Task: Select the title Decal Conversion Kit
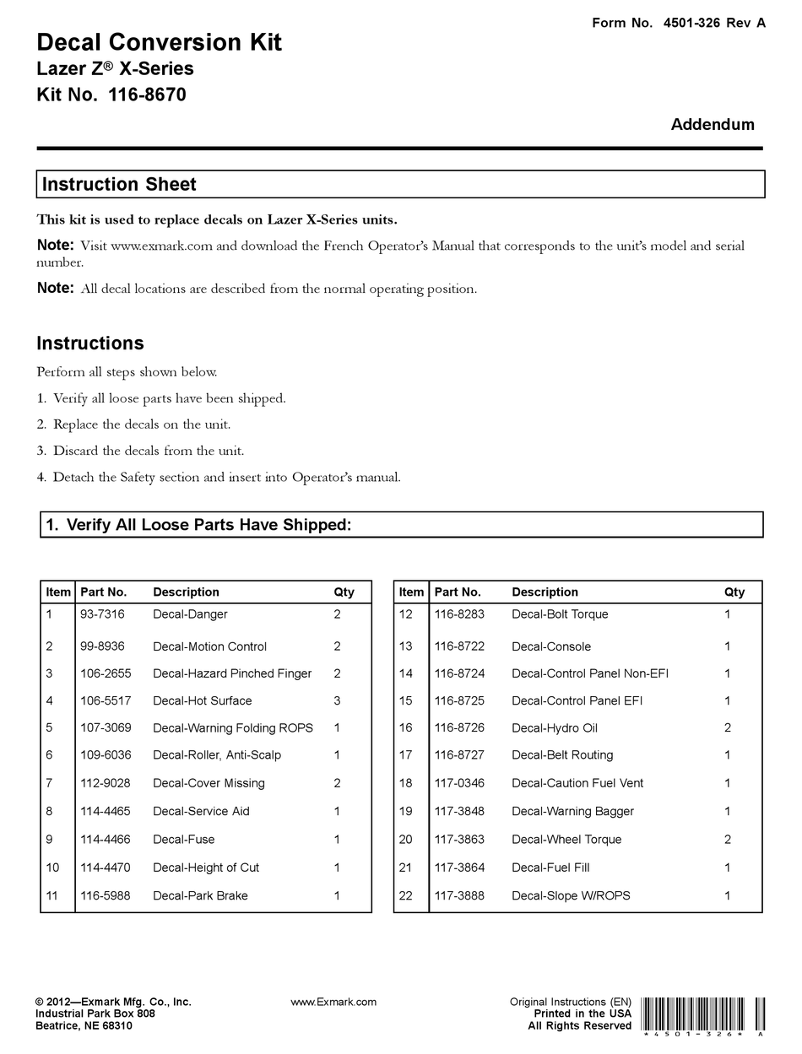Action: click(x=159, y=42)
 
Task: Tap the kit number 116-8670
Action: click(x=111, y=95)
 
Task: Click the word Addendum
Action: click(x=712, y=124)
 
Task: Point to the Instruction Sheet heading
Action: click(x=119, y=184)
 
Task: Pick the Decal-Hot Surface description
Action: click(x=202, y=700)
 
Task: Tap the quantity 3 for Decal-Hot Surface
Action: click(x=337, y=700)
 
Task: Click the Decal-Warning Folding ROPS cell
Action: click(x=232, y=727)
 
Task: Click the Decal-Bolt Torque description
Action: click(x=559, y=614)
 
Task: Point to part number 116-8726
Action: click(x=459, y=727)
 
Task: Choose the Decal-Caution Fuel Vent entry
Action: click(x=577, y=783)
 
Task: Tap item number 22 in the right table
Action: click(x=406, y=895)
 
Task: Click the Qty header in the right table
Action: click(x=734, y=592)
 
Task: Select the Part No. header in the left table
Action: click(x=103, y=592)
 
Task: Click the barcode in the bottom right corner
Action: click(x=702, y=1015)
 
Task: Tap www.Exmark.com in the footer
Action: click(x=333, y=1002)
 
